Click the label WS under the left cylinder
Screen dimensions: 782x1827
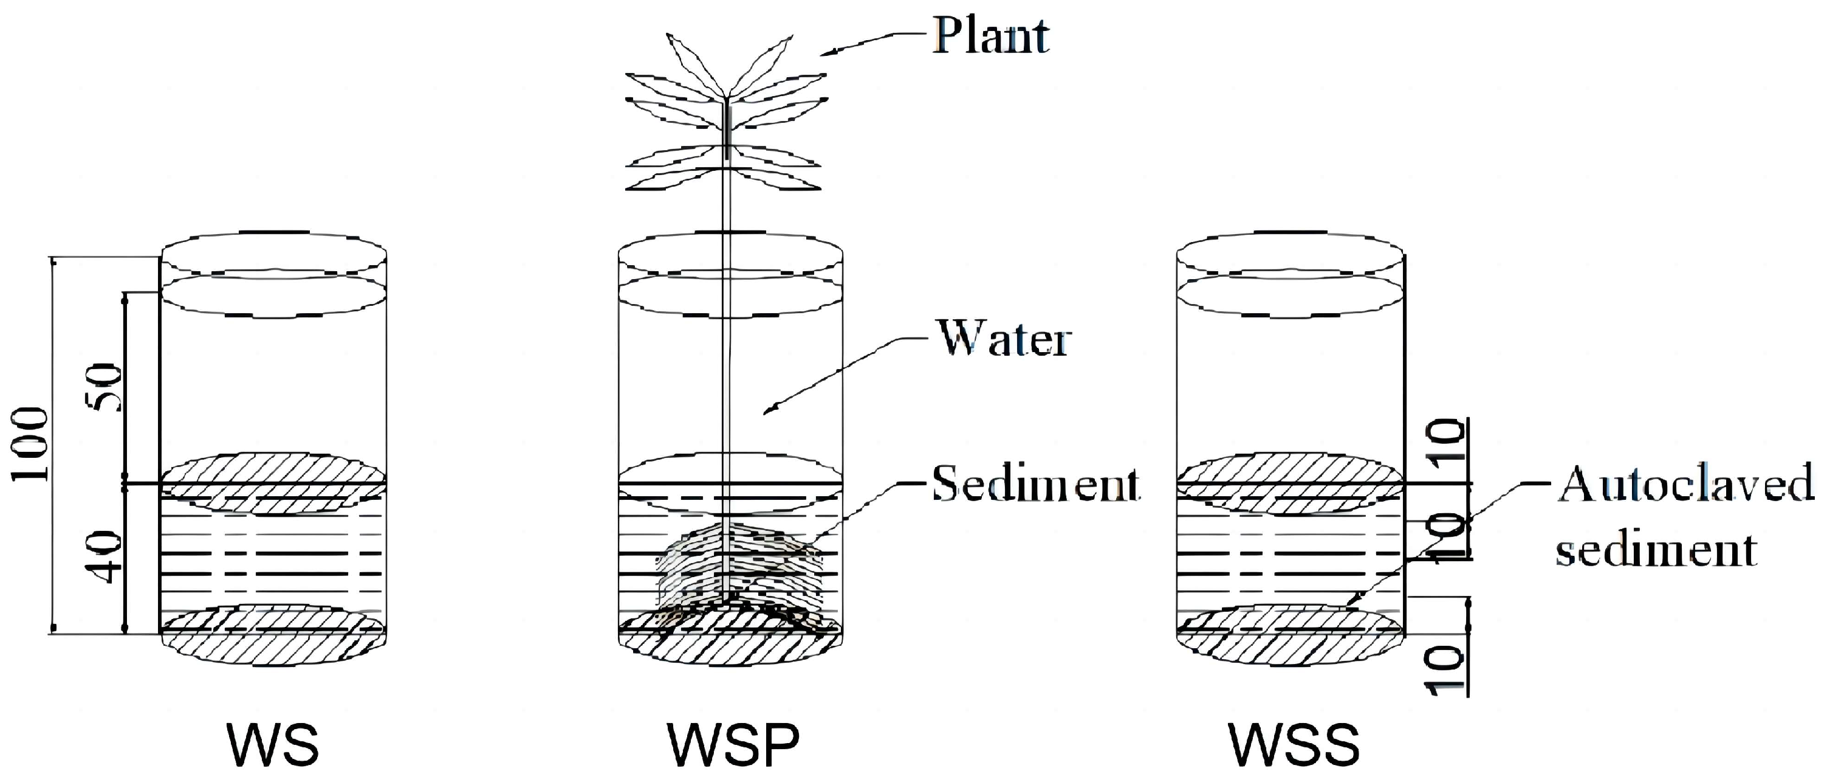(273, 745)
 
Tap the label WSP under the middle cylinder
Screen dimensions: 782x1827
(733, 745)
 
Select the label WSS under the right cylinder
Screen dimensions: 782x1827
(1294, 745)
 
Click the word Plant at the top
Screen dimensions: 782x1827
(991, 35)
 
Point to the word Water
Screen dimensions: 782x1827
(1004, 339)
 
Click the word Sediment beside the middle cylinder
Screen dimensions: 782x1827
(1035, 484)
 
